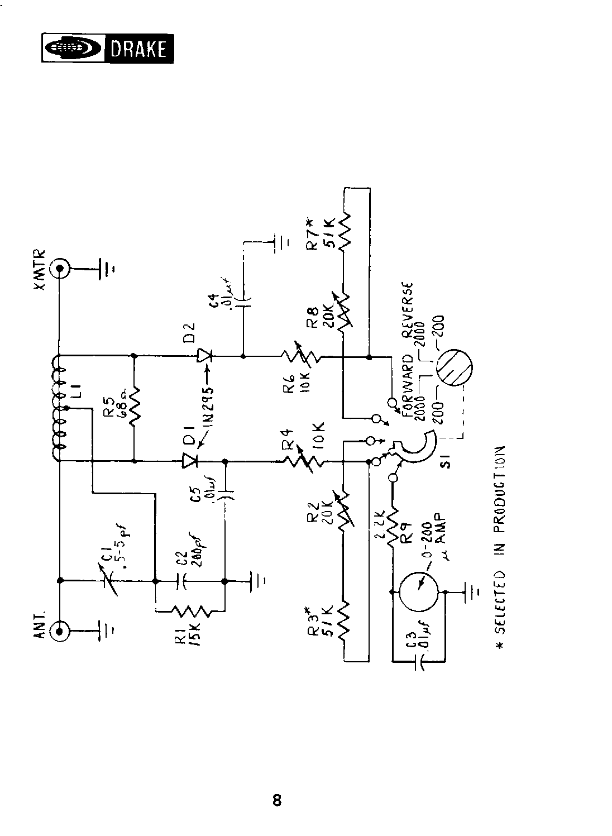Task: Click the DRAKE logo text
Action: pos(138,49)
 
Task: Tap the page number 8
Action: pos(277,800)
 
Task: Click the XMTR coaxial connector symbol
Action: pos(59,269)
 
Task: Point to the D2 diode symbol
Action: pos(203,355)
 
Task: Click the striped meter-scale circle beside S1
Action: pos(455,369)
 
